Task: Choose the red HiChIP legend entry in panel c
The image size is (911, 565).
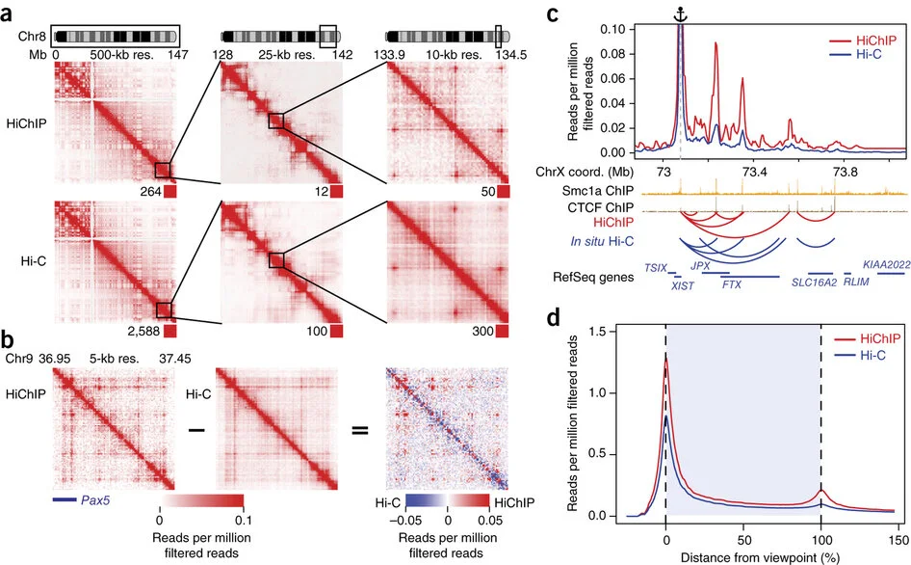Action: [862, 40]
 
